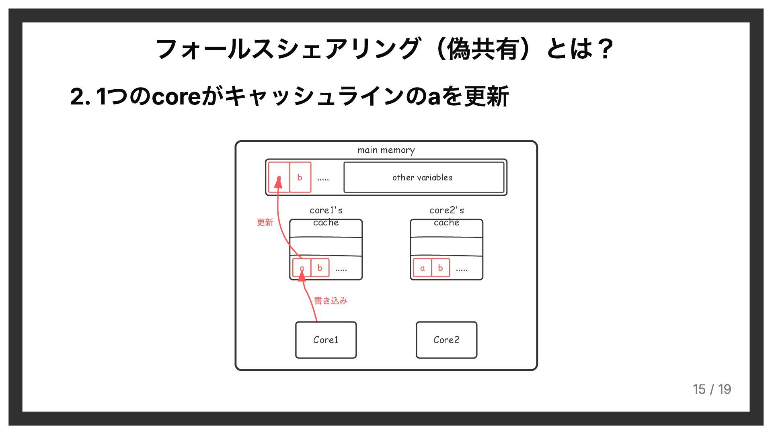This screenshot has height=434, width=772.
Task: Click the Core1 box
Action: pyautogui.click(x=326, y=340)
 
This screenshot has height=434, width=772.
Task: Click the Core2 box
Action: pyautogui.click(x=446, y=340)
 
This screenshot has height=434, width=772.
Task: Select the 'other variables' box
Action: pyautogui.click(x=423, y=177)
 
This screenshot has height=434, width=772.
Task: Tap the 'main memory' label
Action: pyautogui.click(x=386, y=150)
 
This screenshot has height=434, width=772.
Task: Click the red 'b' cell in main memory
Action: pyautogui.click(x=300, y=177)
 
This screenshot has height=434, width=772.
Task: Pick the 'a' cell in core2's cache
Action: pyautogui.click(x=422, y=268)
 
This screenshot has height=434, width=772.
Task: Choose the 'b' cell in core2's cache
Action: pyautogui.click(x=440, y=268)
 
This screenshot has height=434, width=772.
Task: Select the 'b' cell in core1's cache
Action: pyautogui.click(x=320, y=268)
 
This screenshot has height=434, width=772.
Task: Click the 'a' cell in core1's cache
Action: pyautogui.click(x=302, y=268)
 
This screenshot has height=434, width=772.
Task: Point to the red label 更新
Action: pyautogui.click(x=265, y=222)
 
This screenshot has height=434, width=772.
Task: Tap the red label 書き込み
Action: pyautogui.click(x=331, y=301)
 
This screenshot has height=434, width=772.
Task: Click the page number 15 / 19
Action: pyautogui.click(x=712, y=389)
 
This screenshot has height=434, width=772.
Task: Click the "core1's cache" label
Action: pyautogui.click(x=326, y=216)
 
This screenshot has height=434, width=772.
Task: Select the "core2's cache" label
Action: pyautogui.click(x=446, y=216)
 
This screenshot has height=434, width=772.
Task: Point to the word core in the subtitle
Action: pyautogui.click(x=177, y=96)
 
